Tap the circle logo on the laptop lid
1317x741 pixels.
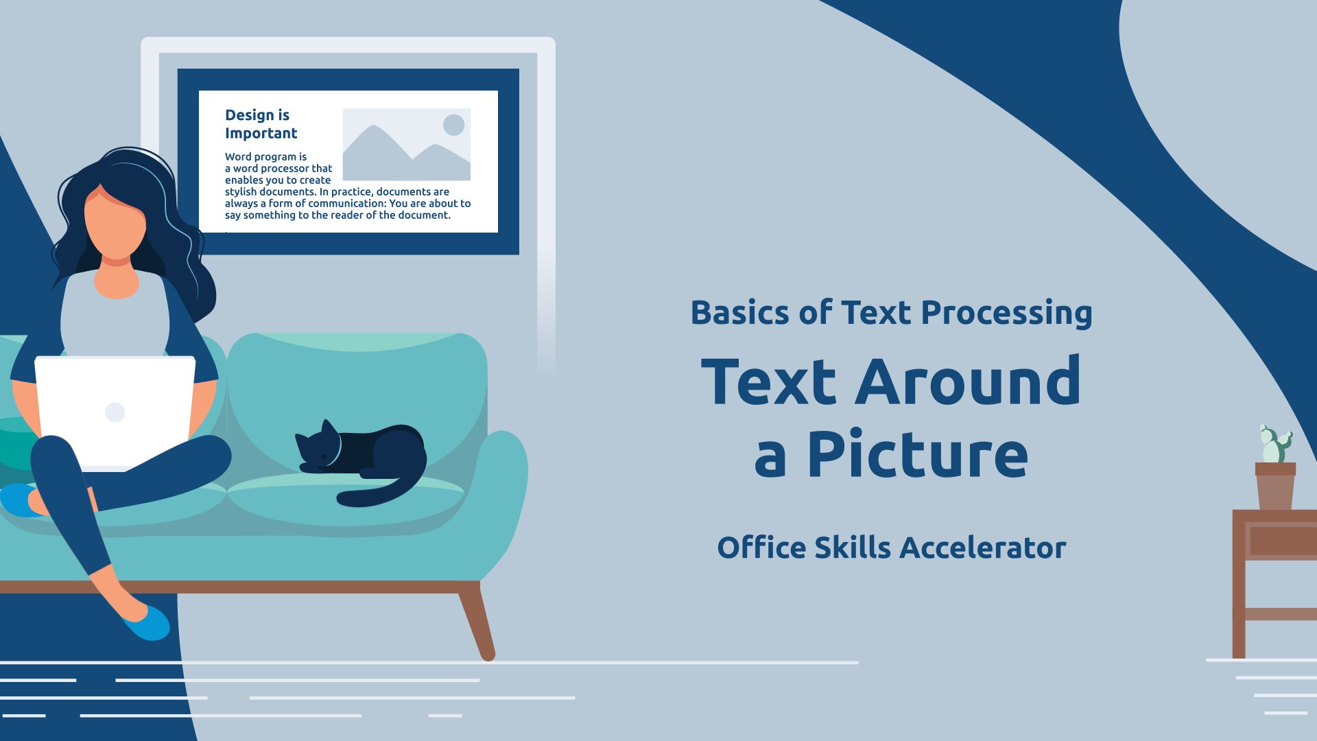coord(115,412)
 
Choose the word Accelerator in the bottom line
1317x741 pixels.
coord(983,548)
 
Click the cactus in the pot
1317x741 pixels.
coord(1276,444)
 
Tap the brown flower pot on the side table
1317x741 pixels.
coord(1275,486)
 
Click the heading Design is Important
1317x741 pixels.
coord(261,124)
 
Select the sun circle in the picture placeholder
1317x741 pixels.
coord(454,125)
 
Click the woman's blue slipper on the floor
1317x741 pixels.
coord(147,622)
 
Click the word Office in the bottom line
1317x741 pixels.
coord(761,548)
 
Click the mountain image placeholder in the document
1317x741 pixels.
coord(407,144)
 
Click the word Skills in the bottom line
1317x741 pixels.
coord(853,548)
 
